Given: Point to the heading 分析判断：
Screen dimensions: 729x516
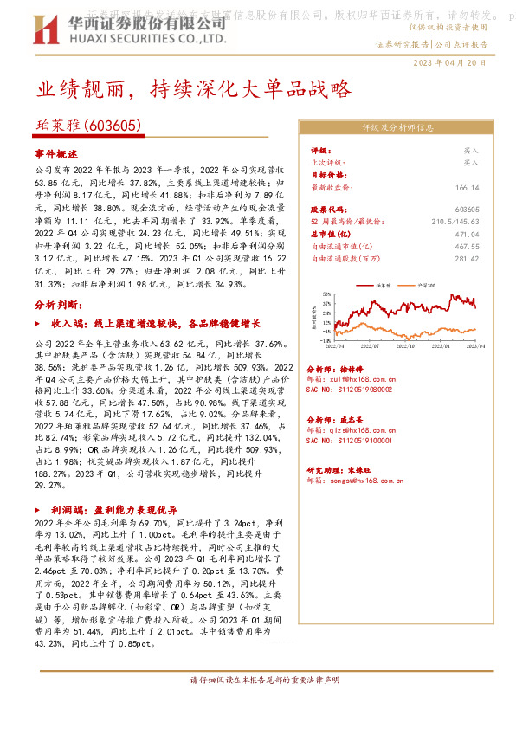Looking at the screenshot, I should tap(57, 306).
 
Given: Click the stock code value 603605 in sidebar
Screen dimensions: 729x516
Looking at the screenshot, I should tap(466, 210).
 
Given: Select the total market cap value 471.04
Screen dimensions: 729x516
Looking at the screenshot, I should tap(466, 233).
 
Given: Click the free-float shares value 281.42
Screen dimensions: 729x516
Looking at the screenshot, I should tap(466, 257).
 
